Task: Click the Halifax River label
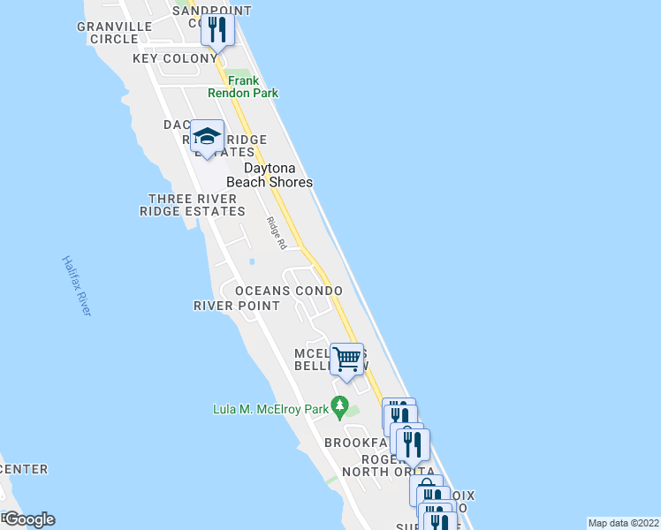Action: pyautogui.click(x=77, y=285)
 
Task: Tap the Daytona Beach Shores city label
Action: pyautogui.click(x=270, y=175)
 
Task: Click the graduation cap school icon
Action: pyautogui.click(x=208, y=137)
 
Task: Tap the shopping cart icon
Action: pyautogui.click(x=347, y=359)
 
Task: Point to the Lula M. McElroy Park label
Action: pyautogui.click(x=269, y=409)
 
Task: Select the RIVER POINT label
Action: pyautogui.click(x=236, y=306)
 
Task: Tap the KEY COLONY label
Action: pyautogui.click(x=174, y=58)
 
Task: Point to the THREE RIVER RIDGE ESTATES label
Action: pyautogui.click(x=193, y=205)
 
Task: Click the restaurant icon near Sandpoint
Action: pyautogui.click(x=217, y=30)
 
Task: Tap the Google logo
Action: pyautogui.click(x=29, y=519)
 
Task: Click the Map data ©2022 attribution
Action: pyautogui.click(x=623, y=522)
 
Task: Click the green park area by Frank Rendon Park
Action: pyautogui.click(x=237, y=74)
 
